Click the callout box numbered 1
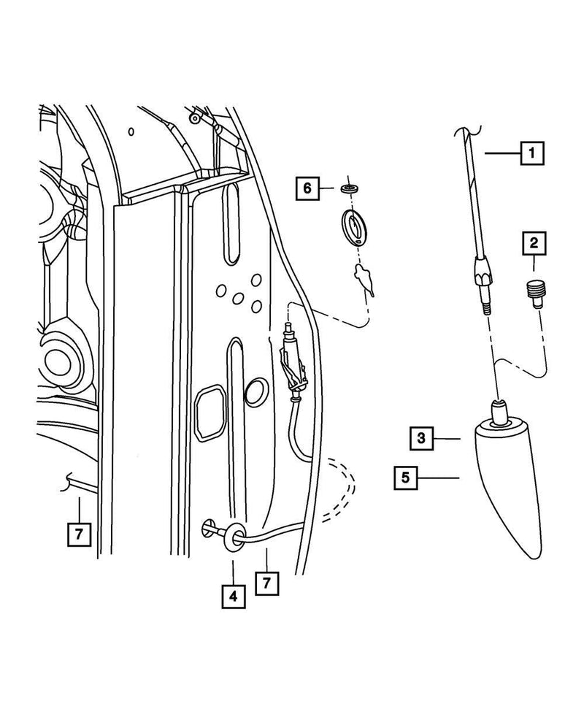coord(531,153)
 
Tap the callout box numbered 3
coord(422,438)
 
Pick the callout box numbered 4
coord(233,596)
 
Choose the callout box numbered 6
coord(307,188)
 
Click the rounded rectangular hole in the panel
coord(212,413)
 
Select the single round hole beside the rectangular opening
coord(256,392)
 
